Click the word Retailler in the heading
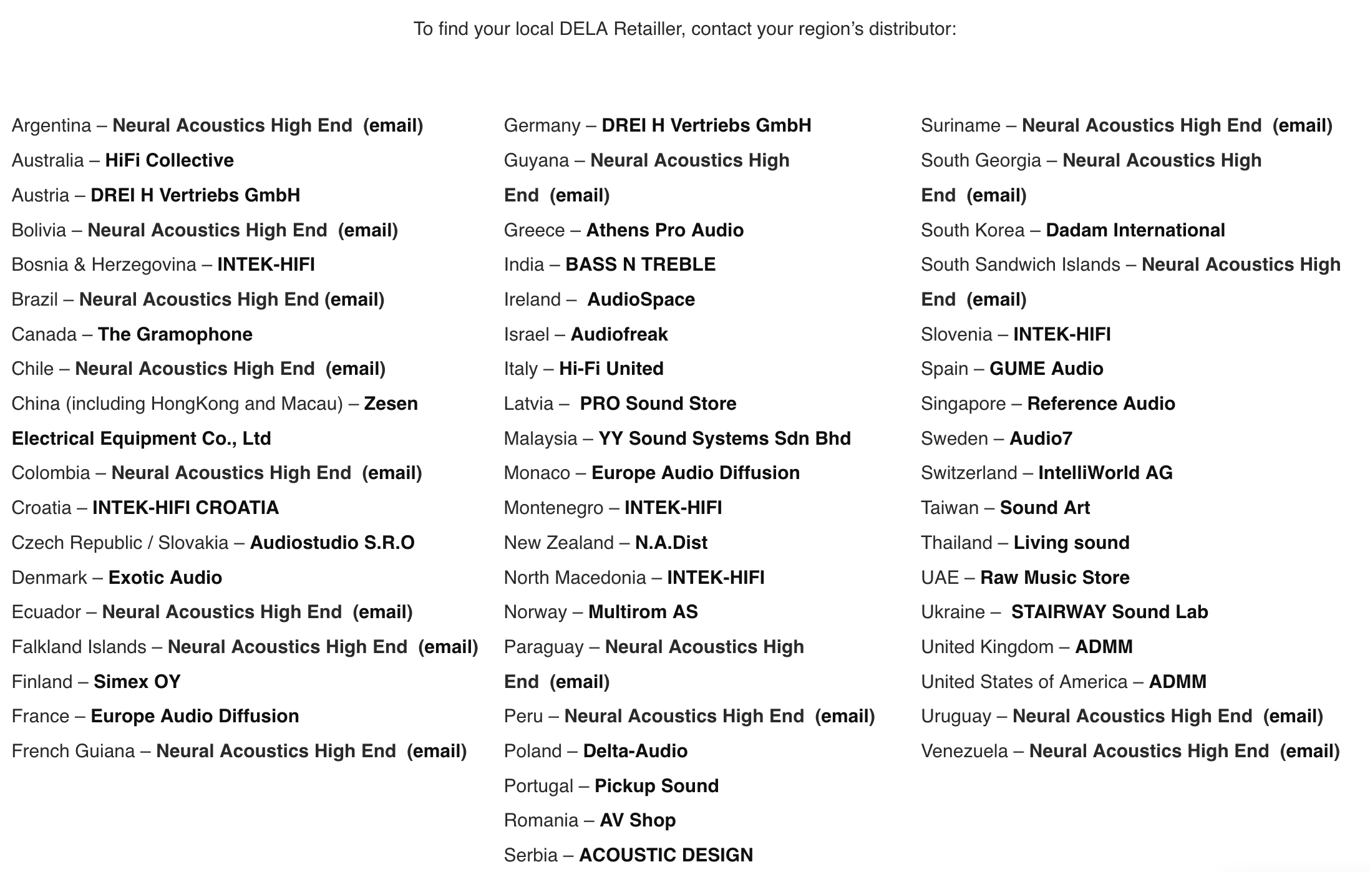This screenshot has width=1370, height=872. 649,29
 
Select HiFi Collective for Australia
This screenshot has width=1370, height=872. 169,160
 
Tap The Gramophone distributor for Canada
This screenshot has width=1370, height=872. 175,334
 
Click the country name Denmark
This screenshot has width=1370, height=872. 49,578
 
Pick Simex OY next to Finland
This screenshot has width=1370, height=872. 137,682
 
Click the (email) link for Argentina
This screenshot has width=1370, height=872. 393,125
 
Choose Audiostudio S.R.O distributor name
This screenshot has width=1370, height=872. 332,543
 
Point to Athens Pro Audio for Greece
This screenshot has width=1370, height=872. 664,230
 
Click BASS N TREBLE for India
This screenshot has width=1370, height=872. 640,264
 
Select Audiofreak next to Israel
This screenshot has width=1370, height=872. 619,334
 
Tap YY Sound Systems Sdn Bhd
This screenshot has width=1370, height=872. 724,438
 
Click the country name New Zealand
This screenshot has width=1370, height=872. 558,543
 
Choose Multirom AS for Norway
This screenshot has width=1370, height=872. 643,612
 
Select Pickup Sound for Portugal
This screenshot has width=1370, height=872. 656,786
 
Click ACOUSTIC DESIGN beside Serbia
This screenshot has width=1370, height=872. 666,855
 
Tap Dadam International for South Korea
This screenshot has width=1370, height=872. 1135,230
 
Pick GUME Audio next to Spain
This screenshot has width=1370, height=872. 1046,369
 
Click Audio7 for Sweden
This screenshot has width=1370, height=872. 1041,438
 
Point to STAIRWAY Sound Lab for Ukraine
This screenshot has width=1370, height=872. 1109,612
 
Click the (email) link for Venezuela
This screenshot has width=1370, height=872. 1309,751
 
